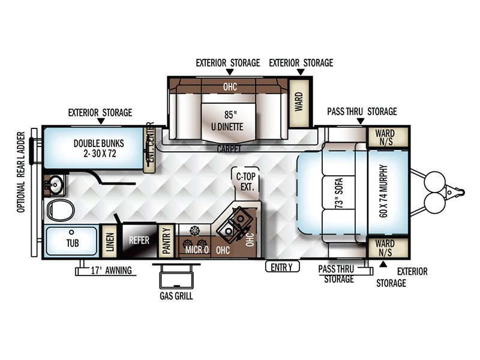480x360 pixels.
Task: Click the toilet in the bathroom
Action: click(61, 210)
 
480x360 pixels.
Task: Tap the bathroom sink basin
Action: click(56, 185)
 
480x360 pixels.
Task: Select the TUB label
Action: click(73, 243)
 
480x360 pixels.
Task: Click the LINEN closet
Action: click(110, 242)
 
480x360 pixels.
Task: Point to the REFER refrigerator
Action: click(139, 241)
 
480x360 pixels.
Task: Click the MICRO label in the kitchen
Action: click(197, 250)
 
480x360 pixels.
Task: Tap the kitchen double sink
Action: click(235, 223)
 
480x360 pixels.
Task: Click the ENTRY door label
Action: click(281, 267)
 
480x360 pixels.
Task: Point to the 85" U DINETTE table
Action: click(228, 122)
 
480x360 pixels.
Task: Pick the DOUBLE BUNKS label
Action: click(99, 148)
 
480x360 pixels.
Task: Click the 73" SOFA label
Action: click(339, 193)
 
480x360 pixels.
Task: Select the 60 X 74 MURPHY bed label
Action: click(383, 191)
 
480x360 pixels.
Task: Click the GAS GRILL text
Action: click(176, 296)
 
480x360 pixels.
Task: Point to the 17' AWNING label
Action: click(112, 271)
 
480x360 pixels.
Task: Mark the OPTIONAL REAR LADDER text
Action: click(21, 172)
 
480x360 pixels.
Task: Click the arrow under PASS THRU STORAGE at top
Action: click(361, 122)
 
